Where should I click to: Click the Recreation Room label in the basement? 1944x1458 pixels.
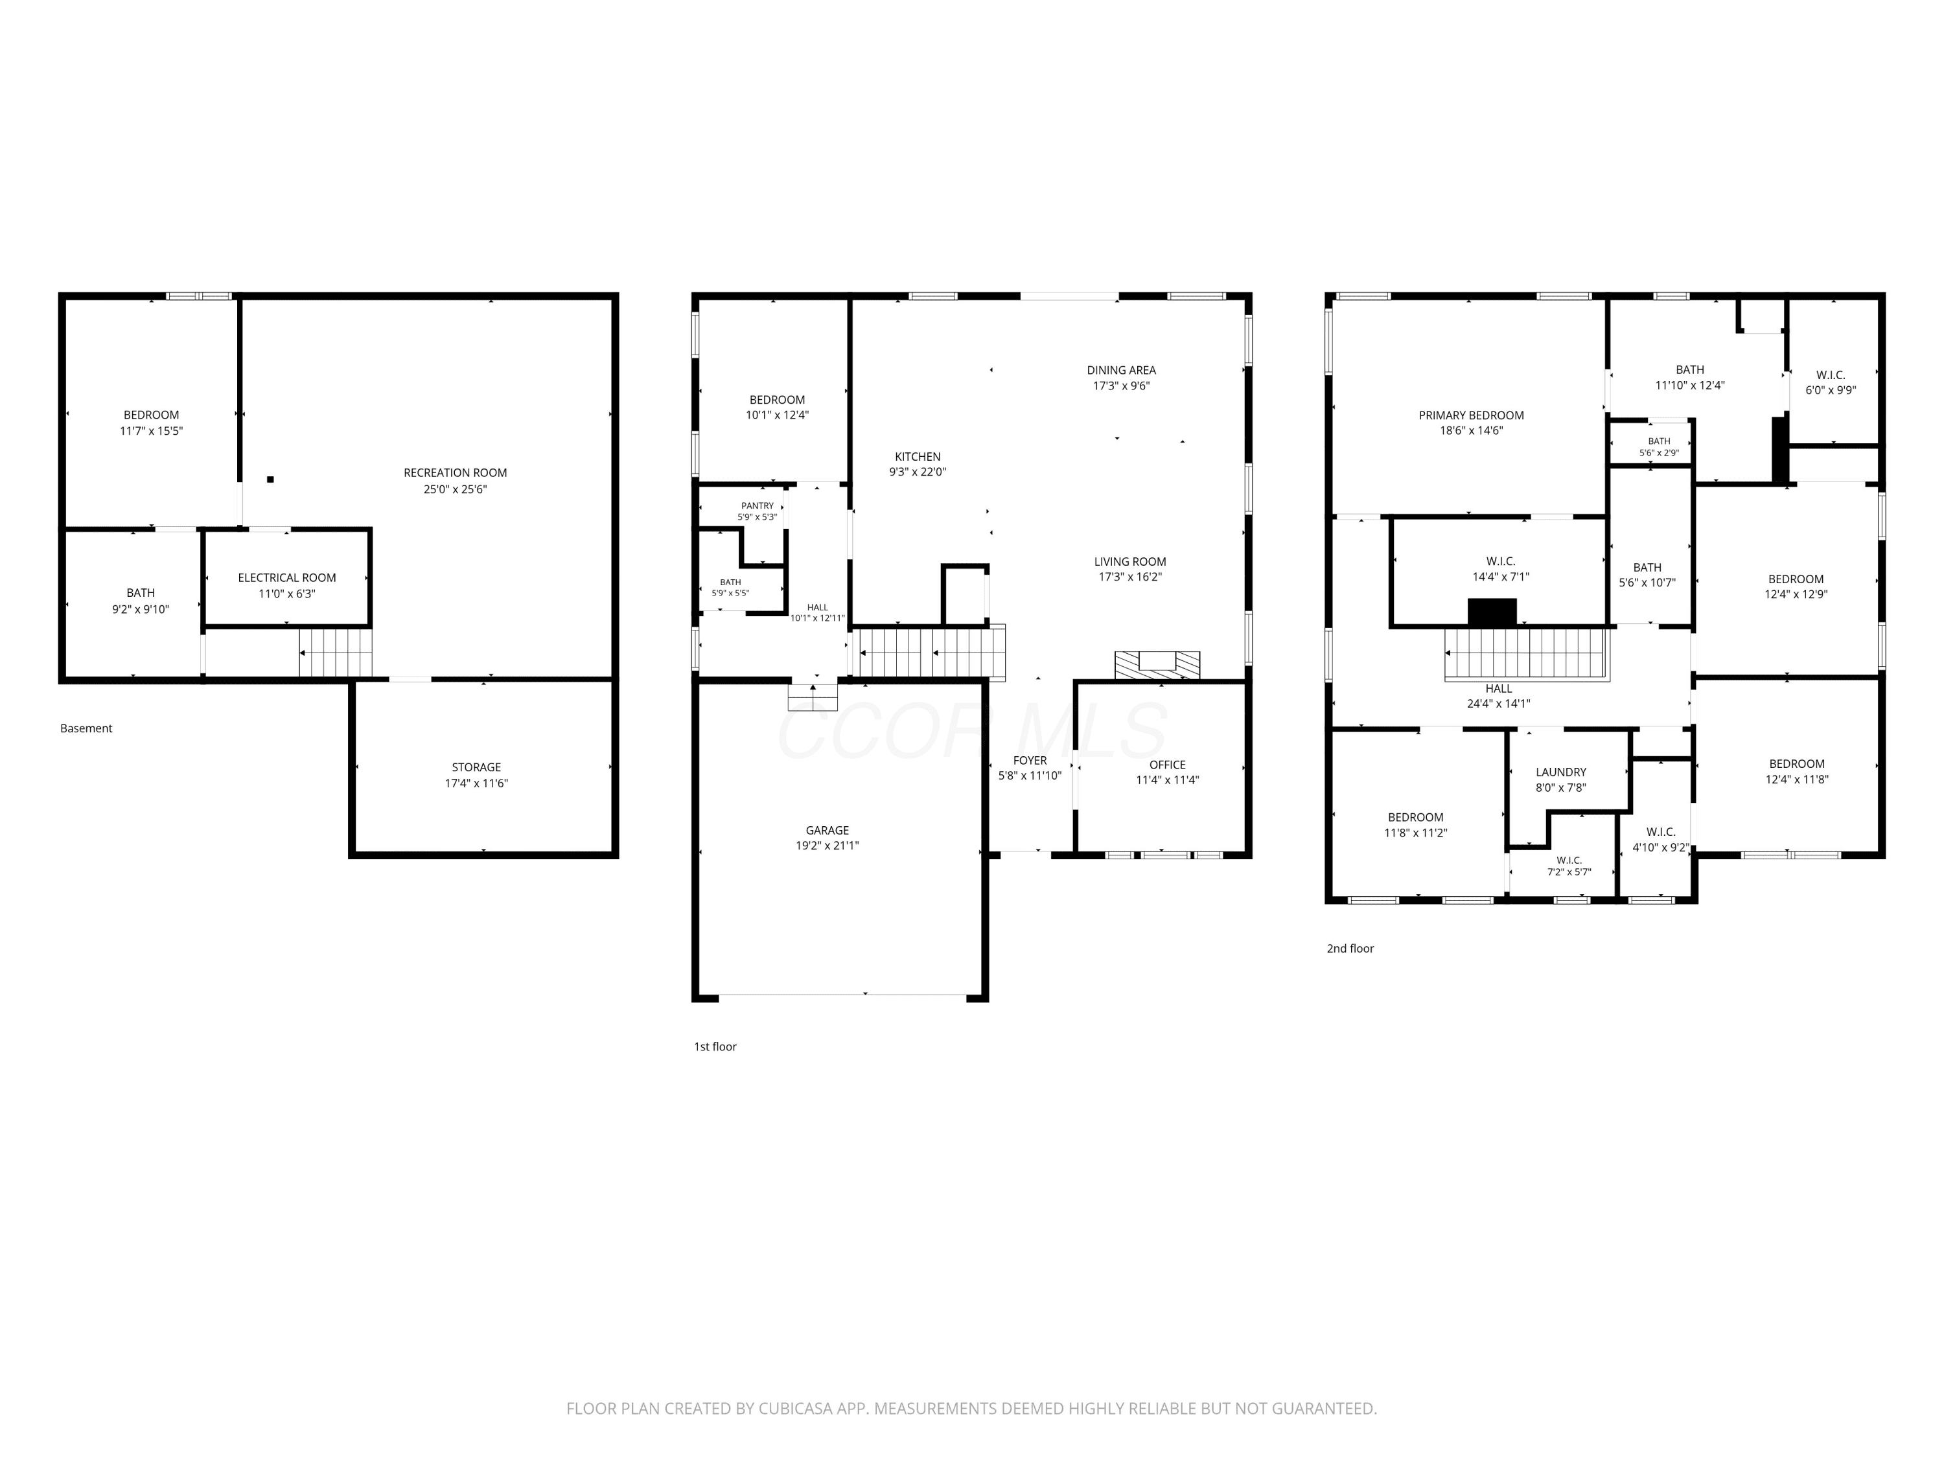click(456, 473)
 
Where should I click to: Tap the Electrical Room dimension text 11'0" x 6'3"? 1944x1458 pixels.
click(287, 593)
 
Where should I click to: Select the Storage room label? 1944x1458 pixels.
click(476, 767)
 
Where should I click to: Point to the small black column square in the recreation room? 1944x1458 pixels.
click(271, 479)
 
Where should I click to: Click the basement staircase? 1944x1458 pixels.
click(336, 653)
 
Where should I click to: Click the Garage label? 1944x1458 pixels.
click(827, 831)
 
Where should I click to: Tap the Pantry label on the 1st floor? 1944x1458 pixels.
click(758, 505)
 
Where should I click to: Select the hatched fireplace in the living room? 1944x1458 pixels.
click(1157, 665)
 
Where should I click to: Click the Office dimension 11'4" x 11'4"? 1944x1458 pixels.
click(1167, 780)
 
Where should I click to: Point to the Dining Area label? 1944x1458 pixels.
click(1122, 370)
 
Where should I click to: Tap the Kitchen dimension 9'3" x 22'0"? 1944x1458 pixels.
click(918, 472)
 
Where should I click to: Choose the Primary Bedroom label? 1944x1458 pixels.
click(1471, 416)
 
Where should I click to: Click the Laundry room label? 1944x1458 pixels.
click(1561, 772)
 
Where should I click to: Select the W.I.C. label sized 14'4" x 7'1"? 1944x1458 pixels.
click(1501, 561)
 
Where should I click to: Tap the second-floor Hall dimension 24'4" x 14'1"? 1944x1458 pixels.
click(1498, 703)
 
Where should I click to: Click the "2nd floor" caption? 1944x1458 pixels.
click(1350, 948)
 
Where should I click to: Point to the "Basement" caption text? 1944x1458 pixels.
click(86, 728)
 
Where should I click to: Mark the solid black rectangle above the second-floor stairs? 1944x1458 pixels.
click(1492, 612)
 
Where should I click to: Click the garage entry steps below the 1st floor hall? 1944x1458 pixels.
click(813, 697)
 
